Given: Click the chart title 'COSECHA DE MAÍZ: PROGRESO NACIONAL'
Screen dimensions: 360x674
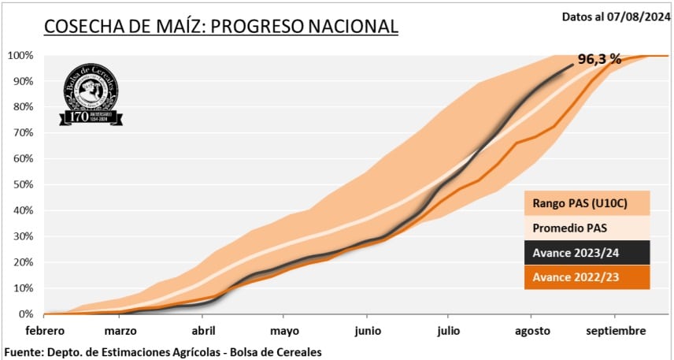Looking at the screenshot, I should coord(220,26).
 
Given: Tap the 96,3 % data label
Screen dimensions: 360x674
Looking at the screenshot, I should coord(599,59).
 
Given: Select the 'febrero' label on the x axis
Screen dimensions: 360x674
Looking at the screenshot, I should coord(44,331).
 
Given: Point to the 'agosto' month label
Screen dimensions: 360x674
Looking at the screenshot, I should coord(533,331).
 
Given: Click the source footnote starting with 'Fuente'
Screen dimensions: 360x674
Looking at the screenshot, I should coord(163,351).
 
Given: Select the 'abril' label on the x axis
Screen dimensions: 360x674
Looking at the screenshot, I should coord(204,331).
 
